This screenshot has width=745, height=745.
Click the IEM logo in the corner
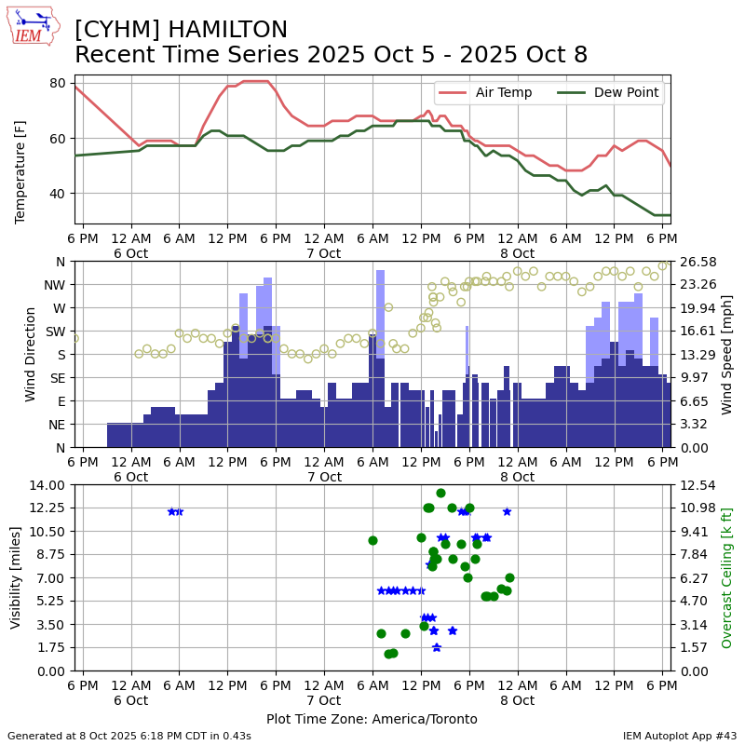tap(33, 26)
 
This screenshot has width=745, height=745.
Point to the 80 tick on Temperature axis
tap(57, 83)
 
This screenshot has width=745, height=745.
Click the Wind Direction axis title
tap(31, 354)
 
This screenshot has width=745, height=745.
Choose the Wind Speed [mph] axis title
tap(727, 354)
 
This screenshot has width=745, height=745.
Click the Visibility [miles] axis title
tap(16, 577)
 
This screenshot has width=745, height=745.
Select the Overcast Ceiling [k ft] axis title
tap(727, 577)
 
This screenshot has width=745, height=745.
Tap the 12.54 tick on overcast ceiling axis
tap(694, 484)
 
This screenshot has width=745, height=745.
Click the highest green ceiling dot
tap(440, 493)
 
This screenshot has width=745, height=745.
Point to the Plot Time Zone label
tap(372, 719)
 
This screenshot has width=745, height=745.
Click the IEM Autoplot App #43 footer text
tap(680, 736)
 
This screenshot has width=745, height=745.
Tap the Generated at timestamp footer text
tap(129, 736)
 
